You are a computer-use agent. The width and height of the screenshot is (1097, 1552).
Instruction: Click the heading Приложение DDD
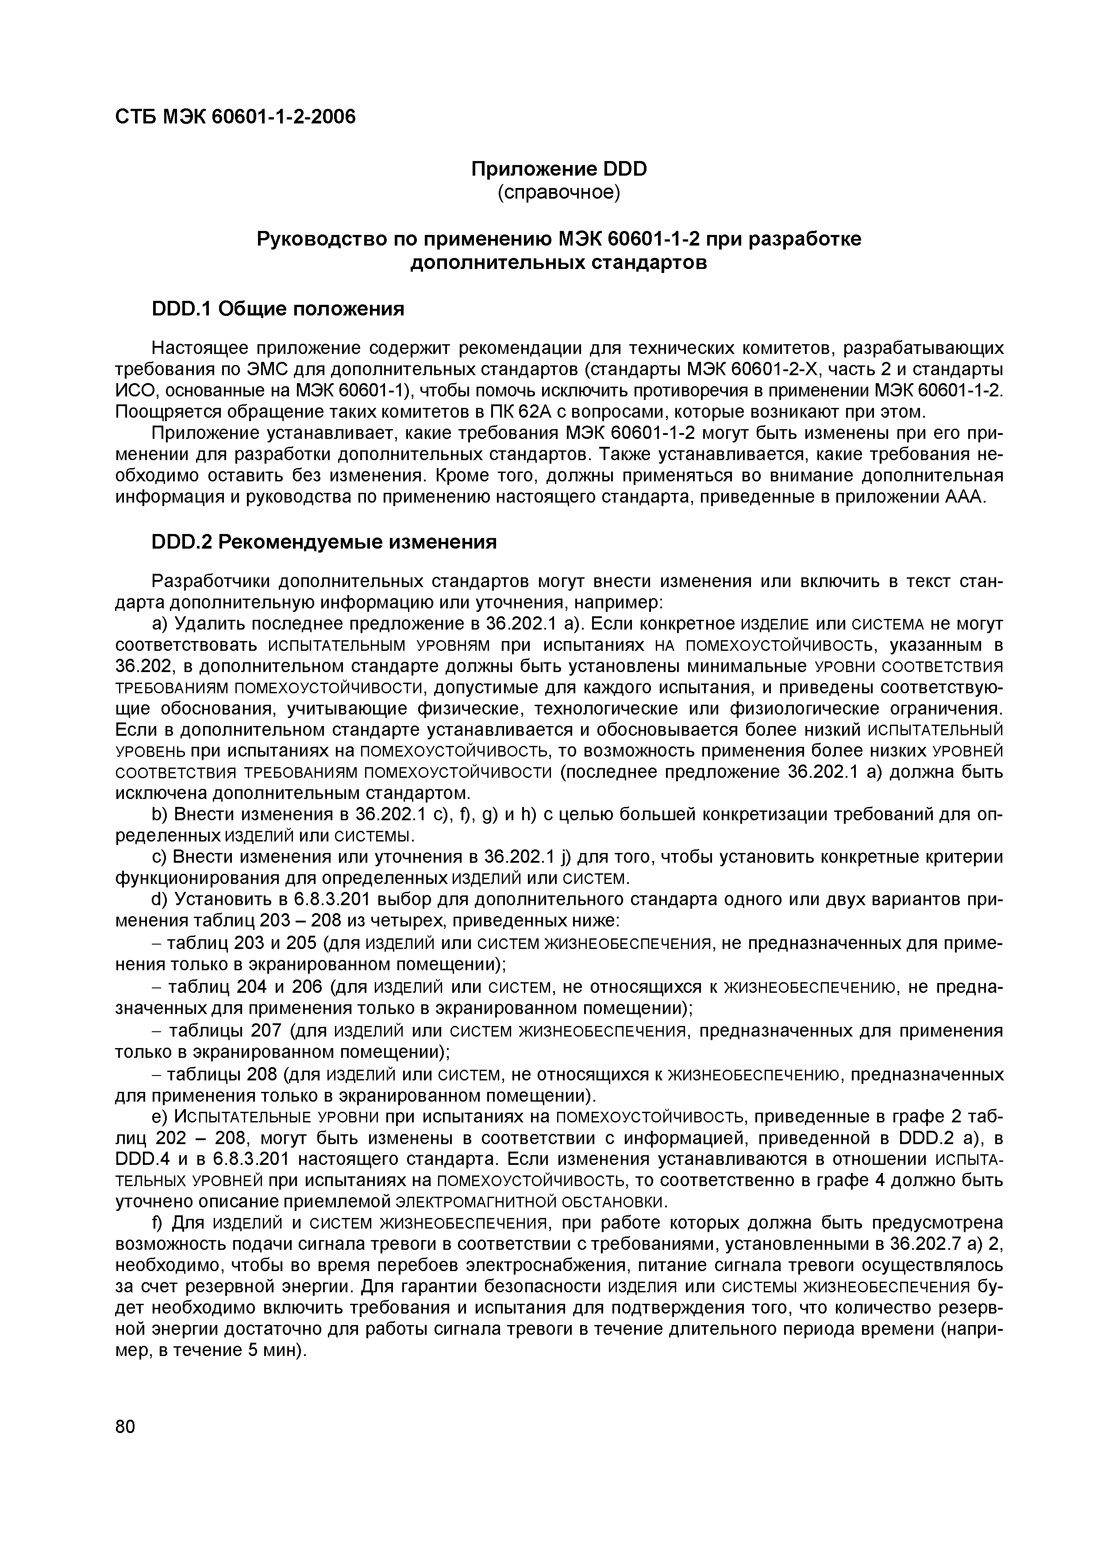point(558,169)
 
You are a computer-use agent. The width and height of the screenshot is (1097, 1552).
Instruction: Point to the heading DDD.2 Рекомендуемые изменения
point(324,542)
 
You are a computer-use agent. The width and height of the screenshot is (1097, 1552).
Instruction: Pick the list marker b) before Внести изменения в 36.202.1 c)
point(159,815)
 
